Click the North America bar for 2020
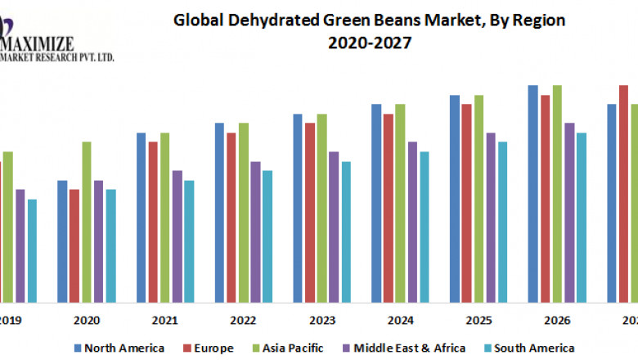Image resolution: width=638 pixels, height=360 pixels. pos(62,241)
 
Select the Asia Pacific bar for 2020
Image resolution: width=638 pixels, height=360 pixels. pos(86,221)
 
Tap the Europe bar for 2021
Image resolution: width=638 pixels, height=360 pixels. pos(153,221)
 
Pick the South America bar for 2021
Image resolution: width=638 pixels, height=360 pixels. pos(189,241)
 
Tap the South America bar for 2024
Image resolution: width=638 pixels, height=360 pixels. pos(425,226)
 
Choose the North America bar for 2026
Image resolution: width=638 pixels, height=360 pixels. pos(532,193)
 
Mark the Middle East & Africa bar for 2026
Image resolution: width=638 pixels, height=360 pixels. pos(569,212)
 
